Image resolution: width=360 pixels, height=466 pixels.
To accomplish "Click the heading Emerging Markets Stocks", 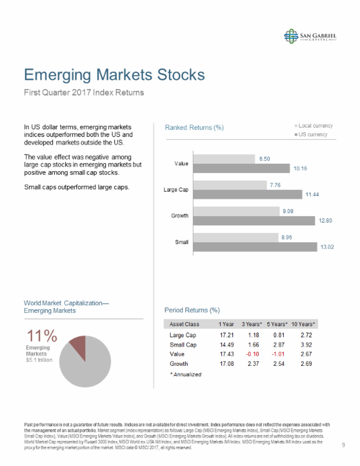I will click(114, 75).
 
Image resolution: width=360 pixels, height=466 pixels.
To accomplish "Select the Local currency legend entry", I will click(313, 126).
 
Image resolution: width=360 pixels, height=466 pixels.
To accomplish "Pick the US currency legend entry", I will click(311, 135).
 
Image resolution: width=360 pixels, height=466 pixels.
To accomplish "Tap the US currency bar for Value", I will click(241, 168).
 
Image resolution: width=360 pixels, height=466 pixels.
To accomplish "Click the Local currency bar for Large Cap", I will click(228, 185).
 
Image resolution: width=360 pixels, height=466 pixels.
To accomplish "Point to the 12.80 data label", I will click(324, 221).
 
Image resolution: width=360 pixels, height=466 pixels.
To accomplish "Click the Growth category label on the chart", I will click(179, 216).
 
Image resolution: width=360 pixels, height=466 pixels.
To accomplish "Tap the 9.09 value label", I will click(288, 211).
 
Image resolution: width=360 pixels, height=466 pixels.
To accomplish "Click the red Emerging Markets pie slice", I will click(78, 348).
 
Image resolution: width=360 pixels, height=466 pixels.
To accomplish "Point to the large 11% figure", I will click(41, 336).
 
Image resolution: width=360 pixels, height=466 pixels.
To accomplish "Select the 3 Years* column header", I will click(252, 324).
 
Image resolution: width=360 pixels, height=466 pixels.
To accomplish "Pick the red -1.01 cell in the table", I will click(277, 354).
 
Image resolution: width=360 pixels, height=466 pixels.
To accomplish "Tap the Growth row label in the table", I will click(178, 363).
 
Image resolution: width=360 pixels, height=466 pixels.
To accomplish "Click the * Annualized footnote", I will click(185, 375).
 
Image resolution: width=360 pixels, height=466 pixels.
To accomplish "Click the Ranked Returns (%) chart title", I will click(194, 128).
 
